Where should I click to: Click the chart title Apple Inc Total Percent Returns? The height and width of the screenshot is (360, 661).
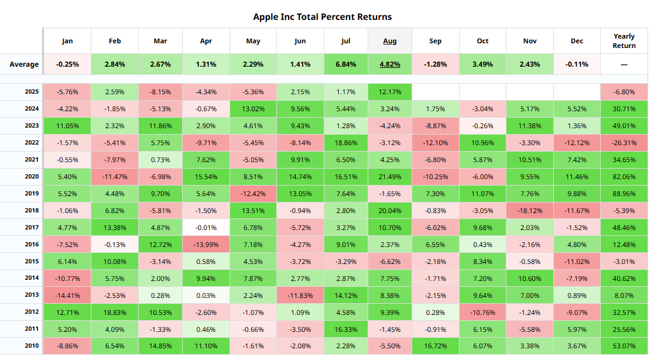point(322,16)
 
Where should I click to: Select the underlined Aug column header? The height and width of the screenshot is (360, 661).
point(389,41)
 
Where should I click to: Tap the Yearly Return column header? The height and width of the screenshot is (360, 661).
point(624,41)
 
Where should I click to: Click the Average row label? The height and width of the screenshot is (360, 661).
point(24,64)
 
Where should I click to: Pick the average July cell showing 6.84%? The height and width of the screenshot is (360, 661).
point(345,64)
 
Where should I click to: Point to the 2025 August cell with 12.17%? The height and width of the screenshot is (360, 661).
point(389,92)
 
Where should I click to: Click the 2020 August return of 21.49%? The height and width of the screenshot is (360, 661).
point(389,177)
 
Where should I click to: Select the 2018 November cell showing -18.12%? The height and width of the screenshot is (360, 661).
point(529,211)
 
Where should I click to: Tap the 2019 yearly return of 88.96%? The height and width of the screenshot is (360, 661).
point(624,194)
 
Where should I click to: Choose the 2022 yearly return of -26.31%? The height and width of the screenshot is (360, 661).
point(624,143)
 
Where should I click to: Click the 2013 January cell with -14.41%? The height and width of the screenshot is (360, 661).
point(67,295)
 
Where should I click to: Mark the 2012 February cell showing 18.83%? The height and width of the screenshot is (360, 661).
point(115,312)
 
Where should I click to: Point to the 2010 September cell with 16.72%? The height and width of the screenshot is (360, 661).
point(435,346)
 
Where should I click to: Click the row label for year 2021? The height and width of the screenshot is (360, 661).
point(32,160)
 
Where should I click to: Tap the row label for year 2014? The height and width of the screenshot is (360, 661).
point(32,278)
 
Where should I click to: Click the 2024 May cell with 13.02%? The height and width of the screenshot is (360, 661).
point(252,109)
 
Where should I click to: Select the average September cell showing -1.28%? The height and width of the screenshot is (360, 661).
point(435,64)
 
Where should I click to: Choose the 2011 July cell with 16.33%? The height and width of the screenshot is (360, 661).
point(345,329)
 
